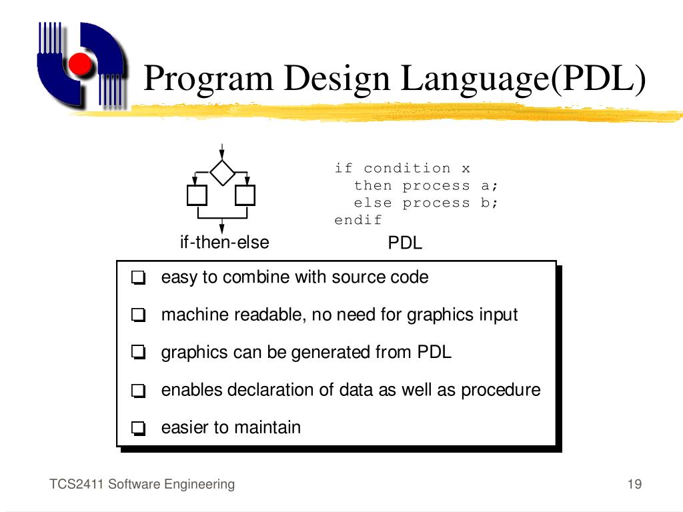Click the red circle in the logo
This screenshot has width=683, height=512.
point(80,64)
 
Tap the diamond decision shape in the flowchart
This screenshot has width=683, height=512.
point(222,173)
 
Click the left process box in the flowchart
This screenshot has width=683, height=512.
point(197,196)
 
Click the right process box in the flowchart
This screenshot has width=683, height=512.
point(245,196)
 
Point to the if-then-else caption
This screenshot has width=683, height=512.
point(224,242)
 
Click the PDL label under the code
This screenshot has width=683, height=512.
point(406,243)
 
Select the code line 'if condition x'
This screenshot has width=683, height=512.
point(402,168)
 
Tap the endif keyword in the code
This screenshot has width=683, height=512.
point(358,220)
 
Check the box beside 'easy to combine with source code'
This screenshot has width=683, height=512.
point(138,278)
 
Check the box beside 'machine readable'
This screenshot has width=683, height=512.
point(138,315)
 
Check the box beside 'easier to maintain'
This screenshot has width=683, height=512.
point(138,428)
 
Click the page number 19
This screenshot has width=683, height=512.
point(634,485)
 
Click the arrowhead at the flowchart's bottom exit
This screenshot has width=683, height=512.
point(222,229)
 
